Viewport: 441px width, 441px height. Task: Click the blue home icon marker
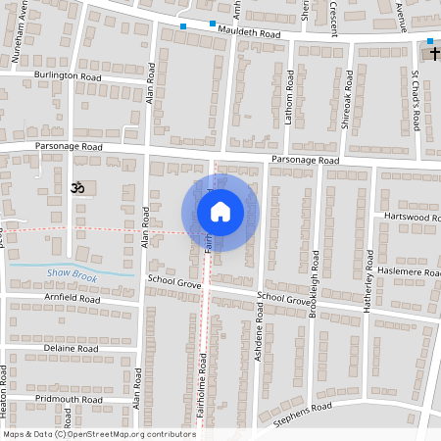[220, 212]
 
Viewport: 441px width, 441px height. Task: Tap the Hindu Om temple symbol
[77, 186]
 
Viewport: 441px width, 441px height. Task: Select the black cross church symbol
[431, 45]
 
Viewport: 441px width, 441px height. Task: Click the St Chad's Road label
[416, 100]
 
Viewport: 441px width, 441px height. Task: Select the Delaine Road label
[72, 348]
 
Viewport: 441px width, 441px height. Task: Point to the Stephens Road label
[305, 409]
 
